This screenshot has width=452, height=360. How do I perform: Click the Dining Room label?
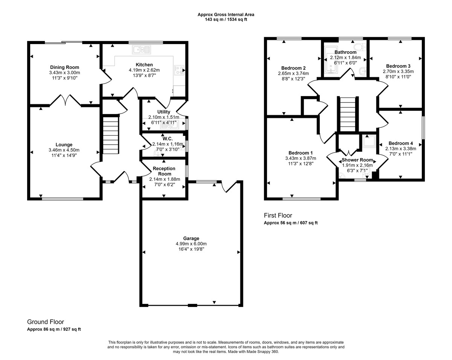[x=64, y=67]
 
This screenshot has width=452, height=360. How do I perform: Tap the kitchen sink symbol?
[x=142, y=50]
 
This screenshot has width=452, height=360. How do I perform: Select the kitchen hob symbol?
[x=179, y=70]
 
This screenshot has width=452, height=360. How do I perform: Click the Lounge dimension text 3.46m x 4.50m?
[x=64, y=150]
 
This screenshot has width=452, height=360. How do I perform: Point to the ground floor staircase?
[x=111, y=135]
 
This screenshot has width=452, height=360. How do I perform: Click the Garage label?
[x=191, y=238]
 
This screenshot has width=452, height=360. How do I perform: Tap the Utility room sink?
[x=170, y=126]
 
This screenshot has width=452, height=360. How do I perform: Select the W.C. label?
[x=168, y=139]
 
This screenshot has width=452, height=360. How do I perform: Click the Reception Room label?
[x=164, y=171]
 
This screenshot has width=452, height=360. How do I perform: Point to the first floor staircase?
[x=348, y=114]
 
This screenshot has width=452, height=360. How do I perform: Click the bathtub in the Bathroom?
[x=331, y=60]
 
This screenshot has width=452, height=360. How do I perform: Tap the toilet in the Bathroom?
[x=360, y=47]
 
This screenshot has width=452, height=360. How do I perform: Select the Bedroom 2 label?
[x=293, y=68]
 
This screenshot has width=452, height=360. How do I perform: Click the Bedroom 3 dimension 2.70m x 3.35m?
[x=398, y=72]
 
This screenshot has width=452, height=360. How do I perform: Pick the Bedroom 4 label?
[x=401, y=143]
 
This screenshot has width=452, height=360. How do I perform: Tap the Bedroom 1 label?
[x=301, y=153]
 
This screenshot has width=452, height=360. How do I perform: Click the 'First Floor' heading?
[x=278, y=215]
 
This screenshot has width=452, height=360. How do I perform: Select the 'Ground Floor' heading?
[x=46, y=322]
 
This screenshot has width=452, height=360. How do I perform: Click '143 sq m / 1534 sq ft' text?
[x=226, y=20]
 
